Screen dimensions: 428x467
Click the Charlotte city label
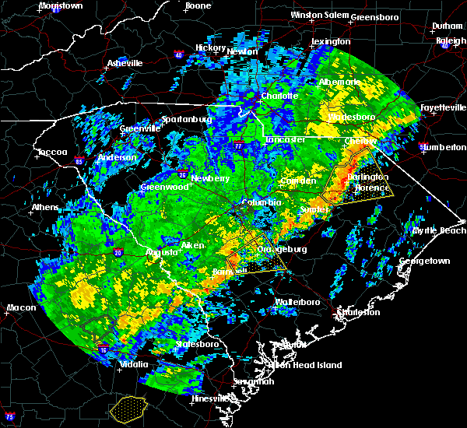[x=279, y=96]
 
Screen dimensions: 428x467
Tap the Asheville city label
[x=125, y=63]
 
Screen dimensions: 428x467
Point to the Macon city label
[x=21, y=307]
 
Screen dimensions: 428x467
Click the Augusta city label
[x=161, y=252]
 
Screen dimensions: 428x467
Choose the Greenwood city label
[x=163, y=188]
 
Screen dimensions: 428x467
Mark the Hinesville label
[x=212, y=399]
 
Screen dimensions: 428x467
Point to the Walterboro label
[x=297, y=301]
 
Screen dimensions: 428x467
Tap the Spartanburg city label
[x=186, y=120]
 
